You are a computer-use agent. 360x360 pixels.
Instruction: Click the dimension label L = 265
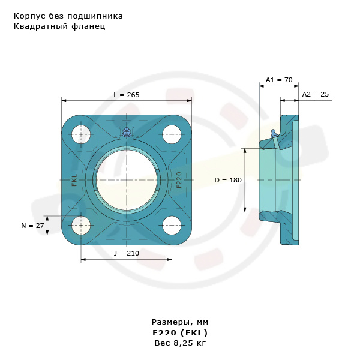127,95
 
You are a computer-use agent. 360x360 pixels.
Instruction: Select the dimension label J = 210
126,253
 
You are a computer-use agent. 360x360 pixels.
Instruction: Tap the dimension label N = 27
32,226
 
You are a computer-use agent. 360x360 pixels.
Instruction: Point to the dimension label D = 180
227,180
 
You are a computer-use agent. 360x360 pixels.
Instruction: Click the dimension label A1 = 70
278,80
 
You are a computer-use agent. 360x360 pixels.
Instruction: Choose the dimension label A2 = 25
315,94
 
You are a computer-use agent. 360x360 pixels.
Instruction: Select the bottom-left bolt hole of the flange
81,226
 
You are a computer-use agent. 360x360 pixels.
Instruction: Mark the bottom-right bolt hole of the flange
172,226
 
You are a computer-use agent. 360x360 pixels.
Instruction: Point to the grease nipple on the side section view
274,133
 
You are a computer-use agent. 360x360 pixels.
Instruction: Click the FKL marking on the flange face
74,180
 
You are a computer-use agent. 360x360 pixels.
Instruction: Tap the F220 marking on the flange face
179,180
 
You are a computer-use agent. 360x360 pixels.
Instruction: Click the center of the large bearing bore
126,180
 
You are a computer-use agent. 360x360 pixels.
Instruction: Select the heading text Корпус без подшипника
68,16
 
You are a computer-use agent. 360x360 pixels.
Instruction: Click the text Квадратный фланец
59,26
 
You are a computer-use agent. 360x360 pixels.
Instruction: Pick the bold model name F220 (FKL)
180,332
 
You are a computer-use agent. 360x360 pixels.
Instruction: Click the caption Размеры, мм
180,322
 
